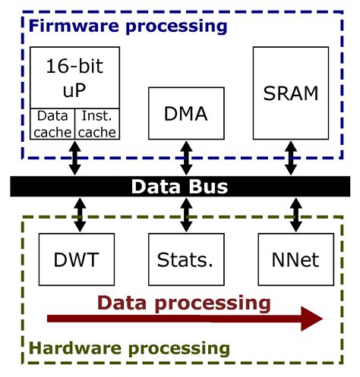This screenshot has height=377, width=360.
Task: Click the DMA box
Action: (x=185, y=115)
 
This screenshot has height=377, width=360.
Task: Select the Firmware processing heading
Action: (x=128, y=26)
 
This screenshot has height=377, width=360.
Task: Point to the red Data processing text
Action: (x=183, y=303)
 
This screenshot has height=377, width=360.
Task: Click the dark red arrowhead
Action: (x=309, y=319)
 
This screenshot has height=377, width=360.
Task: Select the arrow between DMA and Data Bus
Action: (x=185, y=159)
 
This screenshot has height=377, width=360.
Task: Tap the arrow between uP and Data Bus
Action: (x=74, y=159)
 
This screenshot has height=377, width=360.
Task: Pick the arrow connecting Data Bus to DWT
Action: (x=74, y=215)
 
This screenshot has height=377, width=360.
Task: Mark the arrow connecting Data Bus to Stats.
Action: (x=185, y=215)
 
